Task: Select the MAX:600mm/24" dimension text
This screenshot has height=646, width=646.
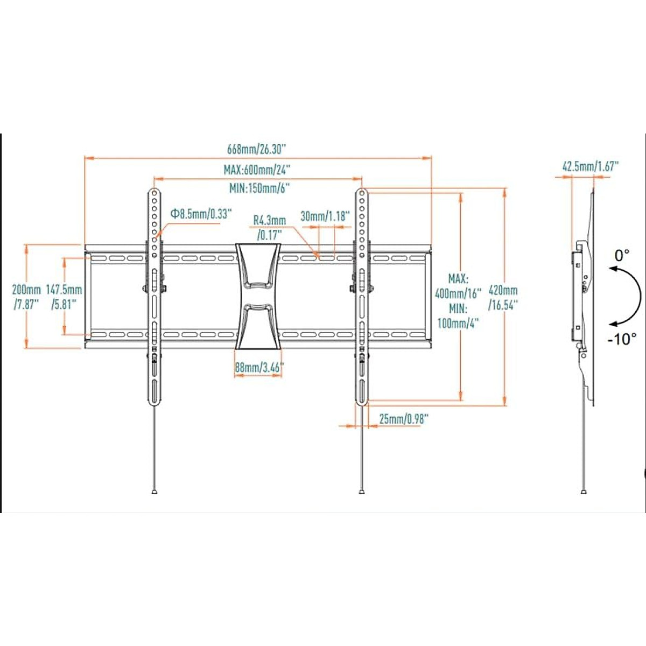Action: (x=257, y=170)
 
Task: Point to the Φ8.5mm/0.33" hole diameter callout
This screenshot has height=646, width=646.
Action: (x=201, y=214)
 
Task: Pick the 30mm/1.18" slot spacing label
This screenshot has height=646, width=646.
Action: (x=325, y=216)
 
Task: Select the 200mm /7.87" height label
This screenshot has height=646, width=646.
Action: (x=26, y=297)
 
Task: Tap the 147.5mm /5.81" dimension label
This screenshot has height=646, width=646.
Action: (x=64, y=297)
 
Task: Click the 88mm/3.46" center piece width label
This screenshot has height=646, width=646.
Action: (x=259, y=368)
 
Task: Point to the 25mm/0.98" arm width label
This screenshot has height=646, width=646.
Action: (x=404, y=419)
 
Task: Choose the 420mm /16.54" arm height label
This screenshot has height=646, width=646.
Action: (x=503, y=297)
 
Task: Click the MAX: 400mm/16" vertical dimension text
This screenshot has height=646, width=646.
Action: (x=458, y=287)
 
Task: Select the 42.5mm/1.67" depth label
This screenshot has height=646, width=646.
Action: (x=591, y=166)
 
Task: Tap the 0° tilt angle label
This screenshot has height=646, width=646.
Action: (x=622, y=255)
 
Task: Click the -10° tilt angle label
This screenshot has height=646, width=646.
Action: (x=622, y=339)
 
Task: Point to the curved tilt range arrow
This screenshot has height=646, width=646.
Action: (x=636, y=296)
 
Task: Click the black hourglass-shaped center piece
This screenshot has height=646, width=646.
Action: (x=258, y=296)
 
